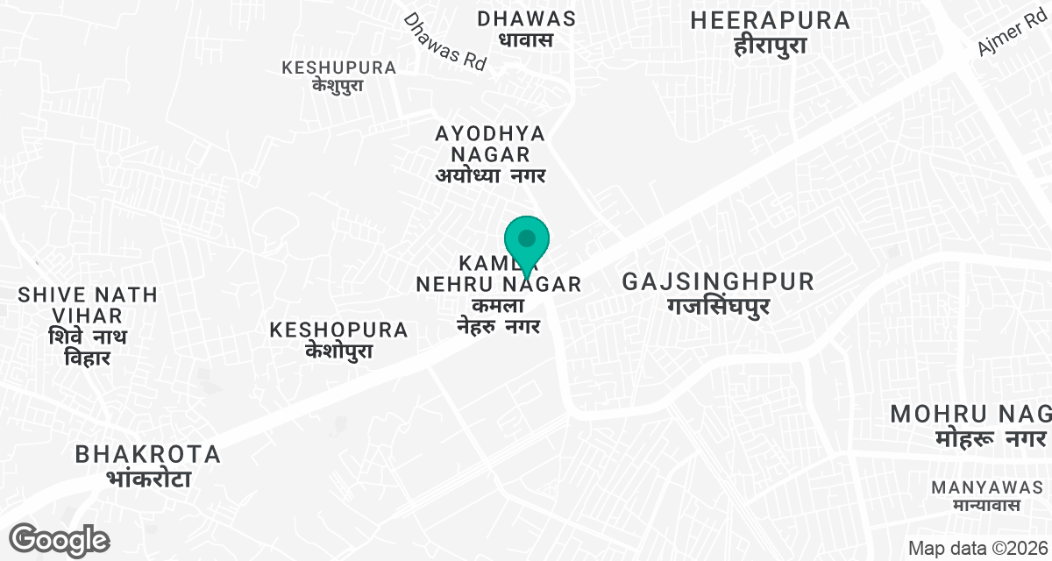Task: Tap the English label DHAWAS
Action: (526, 18)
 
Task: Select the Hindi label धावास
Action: (526, 39)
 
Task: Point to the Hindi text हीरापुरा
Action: (771, 46)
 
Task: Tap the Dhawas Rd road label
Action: (444, 41)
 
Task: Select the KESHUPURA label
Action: (338, 67)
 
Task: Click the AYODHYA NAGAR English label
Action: (491, 144)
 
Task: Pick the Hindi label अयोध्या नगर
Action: (491, 176)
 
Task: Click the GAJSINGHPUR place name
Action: (718, 282)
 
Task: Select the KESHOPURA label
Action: (339, 330)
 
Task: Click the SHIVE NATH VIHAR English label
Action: (88, 305)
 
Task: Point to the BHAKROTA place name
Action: (148, 454)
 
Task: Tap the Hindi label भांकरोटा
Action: (148, 479)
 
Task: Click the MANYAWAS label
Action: (986, 486)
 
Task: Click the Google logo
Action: (60, 538)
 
